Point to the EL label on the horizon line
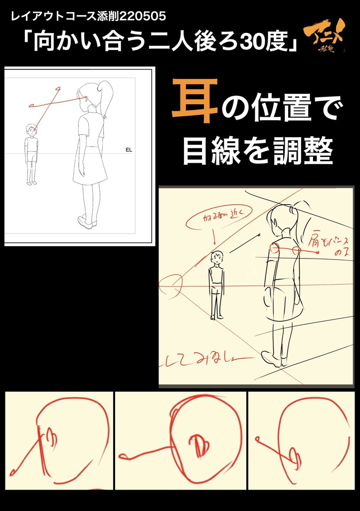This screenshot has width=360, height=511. pyautogui.click(x=129, y=149)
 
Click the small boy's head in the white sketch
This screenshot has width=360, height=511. pyautogui.click(x=31, y=130)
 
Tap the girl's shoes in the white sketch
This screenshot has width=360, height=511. pyautogui.click(x=87, y=221)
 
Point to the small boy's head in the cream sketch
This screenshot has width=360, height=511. pyautogui.click(x=217, y=257)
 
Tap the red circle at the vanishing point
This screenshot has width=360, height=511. pyautogui.click(x=170, y=286)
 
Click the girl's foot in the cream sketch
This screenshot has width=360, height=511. pyautogui.click(x=272, y=359)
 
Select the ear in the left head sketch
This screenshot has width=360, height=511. pyautogui.click(x=50, y=439)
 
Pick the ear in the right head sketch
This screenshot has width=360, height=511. pyautogui.click(x=294, y=458)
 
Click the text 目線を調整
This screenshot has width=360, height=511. pyautogui.click(x=257, y=151)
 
